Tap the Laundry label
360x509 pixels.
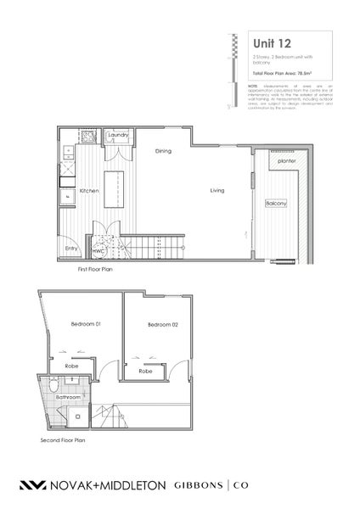click(117, 134)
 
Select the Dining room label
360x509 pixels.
click(164, 151)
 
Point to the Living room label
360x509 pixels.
click(217, 191)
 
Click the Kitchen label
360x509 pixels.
click(90, 191)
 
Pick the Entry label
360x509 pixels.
click(71, 248)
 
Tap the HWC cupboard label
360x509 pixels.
click(98, 252)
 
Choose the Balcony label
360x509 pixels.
click(276, 204)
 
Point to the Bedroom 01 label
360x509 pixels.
click(85, 324)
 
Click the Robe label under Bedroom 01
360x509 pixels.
click(73, 367)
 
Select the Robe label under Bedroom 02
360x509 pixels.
click(145, 372)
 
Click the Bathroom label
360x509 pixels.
click(68, 396)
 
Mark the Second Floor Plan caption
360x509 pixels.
click(63, 441)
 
